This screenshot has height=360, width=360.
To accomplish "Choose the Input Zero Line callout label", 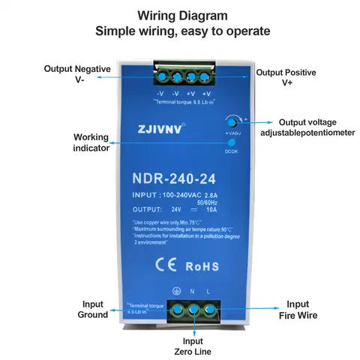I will pyautogui.click(x=194, y=345).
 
